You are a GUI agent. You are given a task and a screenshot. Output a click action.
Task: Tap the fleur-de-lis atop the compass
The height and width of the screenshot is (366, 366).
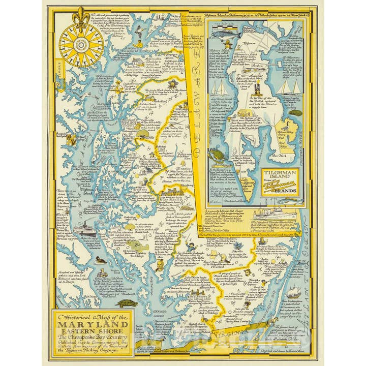tap(81, 15)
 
